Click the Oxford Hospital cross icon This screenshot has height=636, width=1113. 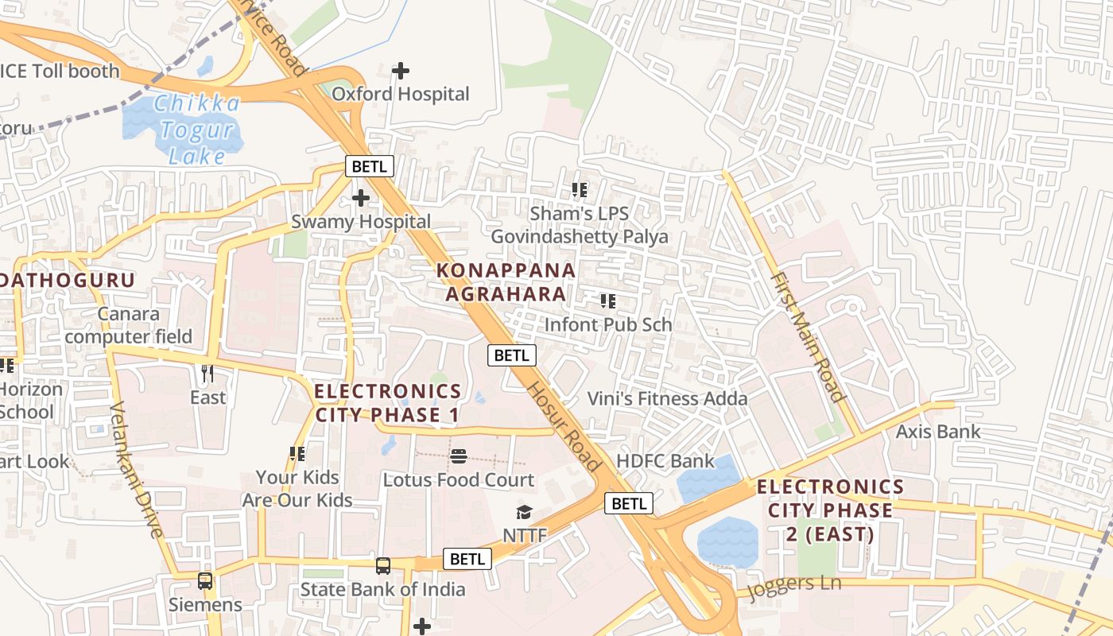(401, 71)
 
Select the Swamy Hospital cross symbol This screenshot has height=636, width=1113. (361, 197)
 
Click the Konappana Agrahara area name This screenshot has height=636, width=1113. (506, 281)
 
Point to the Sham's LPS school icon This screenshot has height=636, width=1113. (580, 190)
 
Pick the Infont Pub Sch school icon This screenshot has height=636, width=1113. (608, 301)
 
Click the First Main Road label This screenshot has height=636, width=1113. (807, 337)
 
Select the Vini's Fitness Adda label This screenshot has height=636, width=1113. (667, 398)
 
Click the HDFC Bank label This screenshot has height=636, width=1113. (665, 461)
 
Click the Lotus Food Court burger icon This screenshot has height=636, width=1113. (459, 456)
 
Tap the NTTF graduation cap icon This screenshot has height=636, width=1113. (524, 512)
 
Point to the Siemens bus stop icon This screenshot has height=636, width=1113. (205, 581)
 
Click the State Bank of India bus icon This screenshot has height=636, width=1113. (383, 566)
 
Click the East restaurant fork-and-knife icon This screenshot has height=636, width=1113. (207, 373)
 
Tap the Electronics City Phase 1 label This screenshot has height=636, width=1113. (388, 403)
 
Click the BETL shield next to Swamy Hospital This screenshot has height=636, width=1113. (369, 166)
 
